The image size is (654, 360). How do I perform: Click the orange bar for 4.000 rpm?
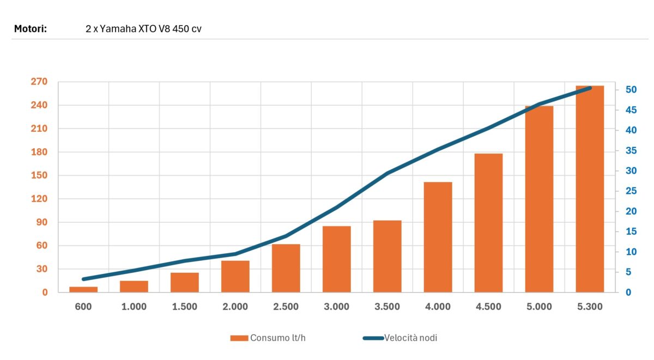tap(438, 237)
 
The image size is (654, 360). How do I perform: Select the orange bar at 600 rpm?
tap(83, 289)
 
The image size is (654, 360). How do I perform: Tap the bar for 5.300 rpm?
tap(590, 189)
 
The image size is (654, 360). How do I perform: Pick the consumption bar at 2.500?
tap(286, 268)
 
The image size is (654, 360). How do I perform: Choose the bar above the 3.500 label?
tap(387, 256)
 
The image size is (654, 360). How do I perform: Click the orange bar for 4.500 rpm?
tap(488, 223)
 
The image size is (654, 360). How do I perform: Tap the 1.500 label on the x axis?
tap(185, 307)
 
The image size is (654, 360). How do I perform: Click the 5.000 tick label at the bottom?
tap(539, 307)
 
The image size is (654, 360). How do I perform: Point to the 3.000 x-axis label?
tap(337, 307)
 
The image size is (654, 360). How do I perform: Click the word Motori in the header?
tap(31, 28)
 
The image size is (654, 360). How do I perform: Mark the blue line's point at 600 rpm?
tap(83, 279)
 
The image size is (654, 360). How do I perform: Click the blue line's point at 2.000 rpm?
tap(235, 254)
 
